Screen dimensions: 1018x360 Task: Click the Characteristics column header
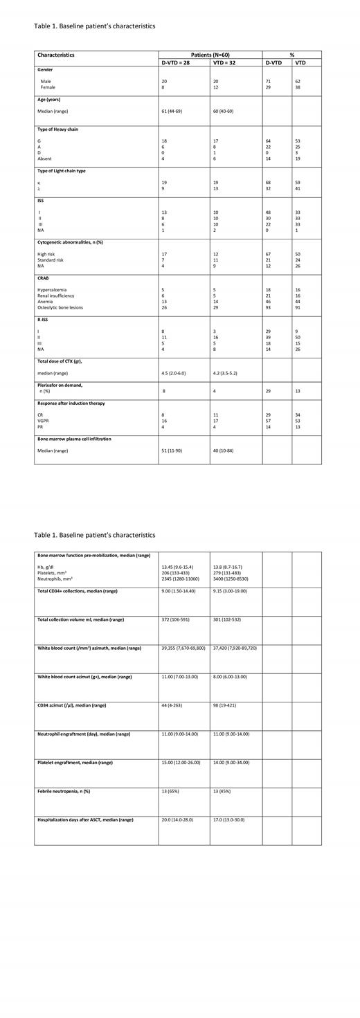[56, 55]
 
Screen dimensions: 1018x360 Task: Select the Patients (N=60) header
[210, 55]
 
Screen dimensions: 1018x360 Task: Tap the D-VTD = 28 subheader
[174, 62]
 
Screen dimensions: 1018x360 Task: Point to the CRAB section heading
[44, 278]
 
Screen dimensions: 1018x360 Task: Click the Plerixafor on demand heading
[65, 385]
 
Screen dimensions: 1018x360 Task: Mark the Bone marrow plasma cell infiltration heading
[74, 439]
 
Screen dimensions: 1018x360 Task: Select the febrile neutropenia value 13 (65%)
[174, 791]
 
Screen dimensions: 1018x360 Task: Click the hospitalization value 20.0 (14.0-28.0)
[177, 819]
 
